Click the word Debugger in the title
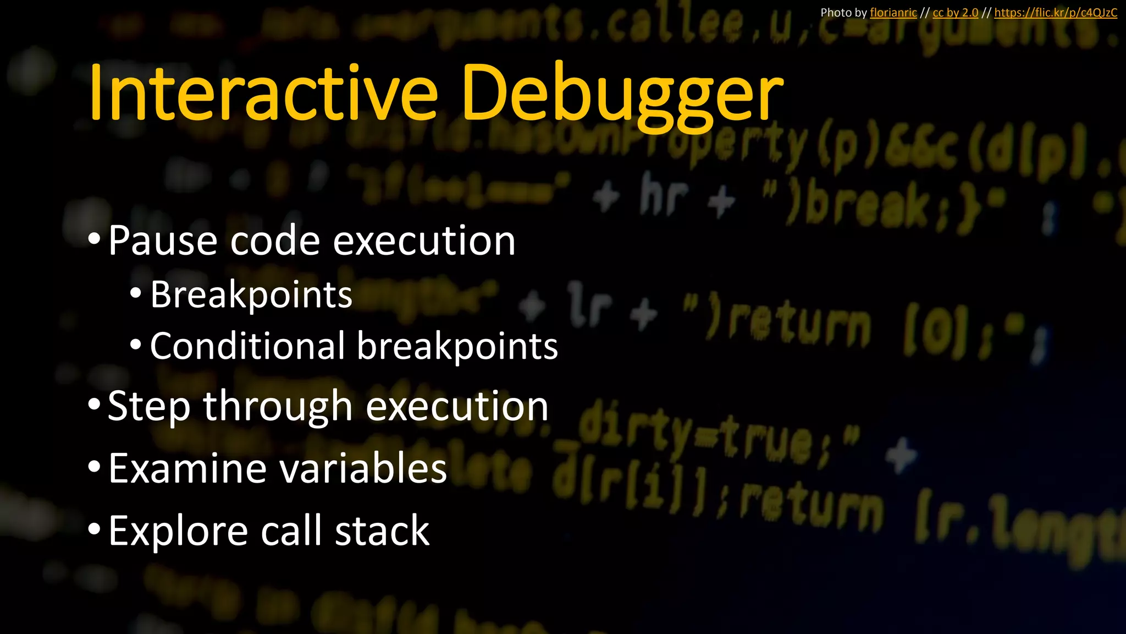tap(622, 95)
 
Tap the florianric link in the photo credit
tap(893, 13)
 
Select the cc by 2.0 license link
tap(955, 13)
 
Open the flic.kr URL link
tap(1055, 13)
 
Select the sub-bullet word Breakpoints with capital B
tap(251, 296)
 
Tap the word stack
tap(382, 531)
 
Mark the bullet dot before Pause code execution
tap(94, 239)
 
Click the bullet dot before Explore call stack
tap(94, 529)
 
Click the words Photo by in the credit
tap(843, 13)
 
